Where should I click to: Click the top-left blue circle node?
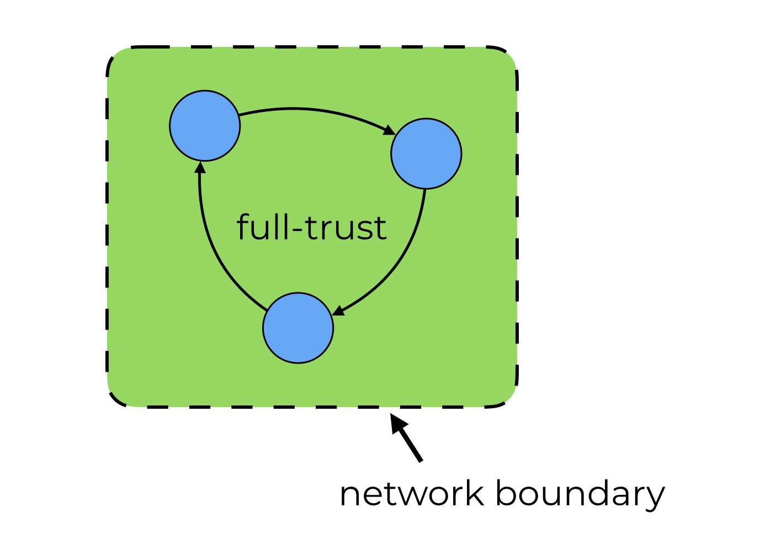pos(205,126)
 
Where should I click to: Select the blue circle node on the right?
pos(426,153)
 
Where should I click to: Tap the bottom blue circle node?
pos(298,328)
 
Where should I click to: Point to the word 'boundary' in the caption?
pos(580,495)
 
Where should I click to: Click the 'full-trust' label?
pos(311,227)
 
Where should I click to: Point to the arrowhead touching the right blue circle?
pos(390,131)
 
